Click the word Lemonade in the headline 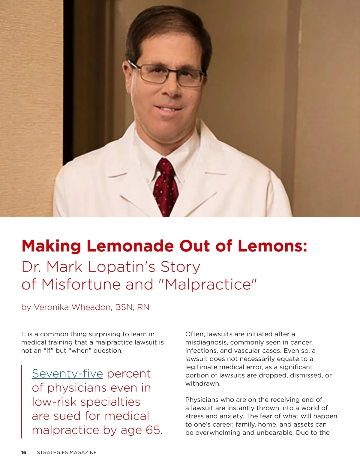tap(130, 246)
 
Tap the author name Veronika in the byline tap(51, 307)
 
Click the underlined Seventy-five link tap(67, 374)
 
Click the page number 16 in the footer tap(24, 452)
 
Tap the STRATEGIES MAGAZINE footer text tap(67, 452)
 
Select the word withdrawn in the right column tap(203, 383)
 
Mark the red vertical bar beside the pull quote tap(22, 401)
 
